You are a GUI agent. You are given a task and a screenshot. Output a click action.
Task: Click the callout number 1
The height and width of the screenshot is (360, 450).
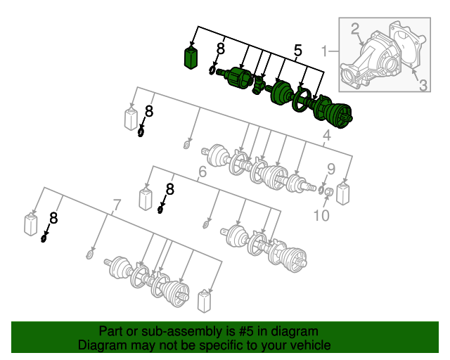pos(326,51)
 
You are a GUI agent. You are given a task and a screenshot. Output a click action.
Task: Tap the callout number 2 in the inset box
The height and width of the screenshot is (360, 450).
pos(355,29)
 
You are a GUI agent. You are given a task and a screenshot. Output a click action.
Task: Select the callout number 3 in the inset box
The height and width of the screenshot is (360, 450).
pos(423,85)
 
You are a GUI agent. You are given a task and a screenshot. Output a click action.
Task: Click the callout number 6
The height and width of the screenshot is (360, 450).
pos(202,172)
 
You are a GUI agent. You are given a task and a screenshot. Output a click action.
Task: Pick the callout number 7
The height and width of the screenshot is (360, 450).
pos(117,205)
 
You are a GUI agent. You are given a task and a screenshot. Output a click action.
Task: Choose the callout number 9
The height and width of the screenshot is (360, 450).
pos(331,169)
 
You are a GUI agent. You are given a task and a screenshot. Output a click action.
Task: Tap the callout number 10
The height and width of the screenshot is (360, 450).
pos(321,215)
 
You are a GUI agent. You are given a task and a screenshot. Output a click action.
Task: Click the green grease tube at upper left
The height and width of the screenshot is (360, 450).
pos(190,58)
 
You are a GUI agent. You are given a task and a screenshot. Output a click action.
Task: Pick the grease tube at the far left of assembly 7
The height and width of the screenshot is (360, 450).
pos(32,222)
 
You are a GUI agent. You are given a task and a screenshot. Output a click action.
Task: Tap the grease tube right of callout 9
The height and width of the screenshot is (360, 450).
pos(343,193)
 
